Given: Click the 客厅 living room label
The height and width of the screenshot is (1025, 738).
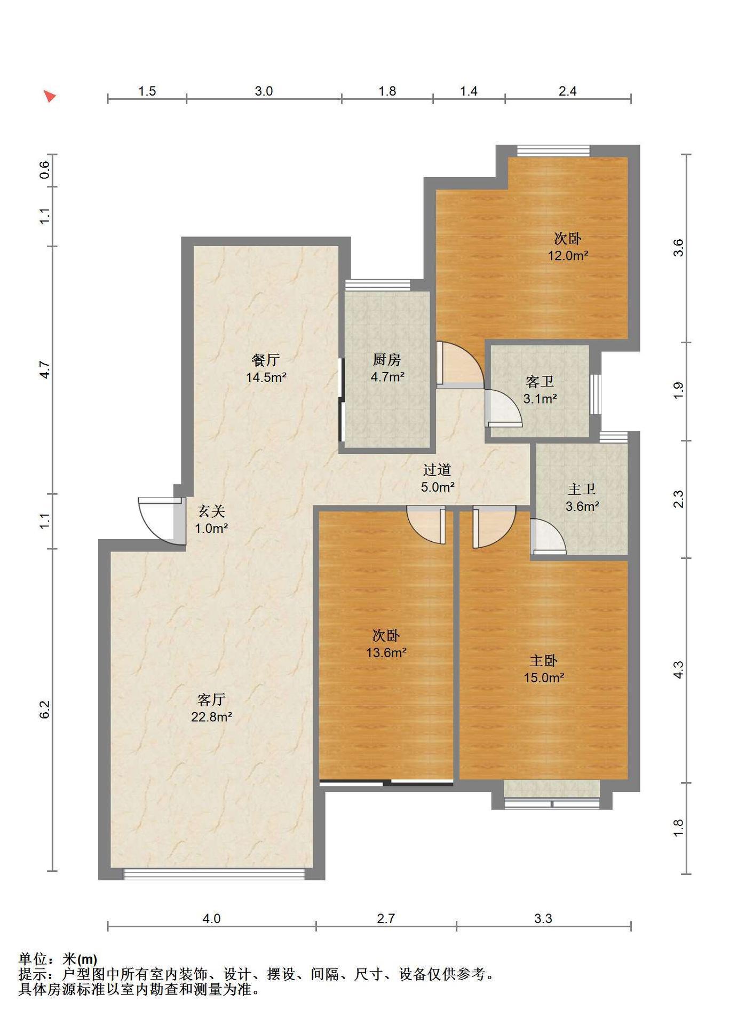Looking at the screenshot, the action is (x=211, y=699).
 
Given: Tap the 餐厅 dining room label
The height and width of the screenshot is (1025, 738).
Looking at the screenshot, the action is (x=266, y=360).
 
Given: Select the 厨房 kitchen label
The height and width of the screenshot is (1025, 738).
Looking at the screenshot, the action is (x=387, y=360).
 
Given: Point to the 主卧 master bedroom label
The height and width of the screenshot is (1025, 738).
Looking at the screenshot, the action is (x=543, y=661).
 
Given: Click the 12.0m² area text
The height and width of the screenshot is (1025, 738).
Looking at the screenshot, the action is (x=568, y=256).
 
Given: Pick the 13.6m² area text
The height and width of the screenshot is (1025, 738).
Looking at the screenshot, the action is (x=386, y=652).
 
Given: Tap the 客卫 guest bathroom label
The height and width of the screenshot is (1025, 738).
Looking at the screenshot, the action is (x=539, y=382).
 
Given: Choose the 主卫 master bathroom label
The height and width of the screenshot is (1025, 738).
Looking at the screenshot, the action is (x=582, y=489).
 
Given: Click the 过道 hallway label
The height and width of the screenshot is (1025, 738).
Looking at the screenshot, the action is (x=437, y=470).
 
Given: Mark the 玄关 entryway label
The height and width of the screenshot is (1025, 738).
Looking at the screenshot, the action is (x=211, y=511).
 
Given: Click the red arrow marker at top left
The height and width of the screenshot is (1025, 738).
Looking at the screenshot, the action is (x=50, y=96).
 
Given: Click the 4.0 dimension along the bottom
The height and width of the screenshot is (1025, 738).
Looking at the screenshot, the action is (x=211, y=919).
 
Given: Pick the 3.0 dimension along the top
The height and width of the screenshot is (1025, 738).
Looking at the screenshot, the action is (x=264, y=91).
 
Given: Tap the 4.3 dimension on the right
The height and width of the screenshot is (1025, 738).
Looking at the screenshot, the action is (x=678, y=670).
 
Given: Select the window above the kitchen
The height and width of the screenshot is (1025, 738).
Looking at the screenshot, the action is (x=378, y=285).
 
